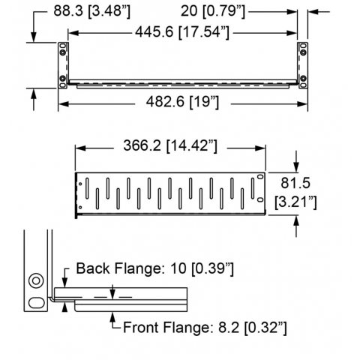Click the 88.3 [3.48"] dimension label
(92, 11)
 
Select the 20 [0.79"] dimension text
(213, 11)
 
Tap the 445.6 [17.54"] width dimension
(182, 32)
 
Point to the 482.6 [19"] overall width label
(182, 102)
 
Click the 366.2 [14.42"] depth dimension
(170, 145)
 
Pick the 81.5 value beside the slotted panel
(295, 183)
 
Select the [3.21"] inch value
(295, 202)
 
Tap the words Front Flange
(165, 328)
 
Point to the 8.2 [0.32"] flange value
(253, 328)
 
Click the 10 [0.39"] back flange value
(202, 268)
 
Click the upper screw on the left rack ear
(62, 52)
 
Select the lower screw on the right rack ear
(303, 78)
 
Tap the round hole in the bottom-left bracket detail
(36, 280)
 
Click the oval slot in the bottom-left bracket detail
(37, 303)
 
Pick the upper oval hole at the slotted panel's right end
(260, 177)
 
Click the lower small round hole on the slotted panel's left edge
(80, 207)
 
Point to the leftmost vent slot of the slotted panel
(87, 188)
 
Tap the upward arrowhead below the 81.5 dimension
(296, 221)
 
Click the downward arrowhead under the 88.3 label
(34, 37)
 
